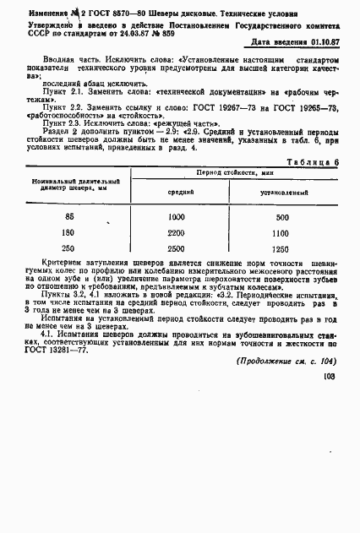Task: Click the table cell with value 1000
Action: click(x=177, y=217)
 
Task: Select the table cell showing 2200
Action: click(x=177, y=231)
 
